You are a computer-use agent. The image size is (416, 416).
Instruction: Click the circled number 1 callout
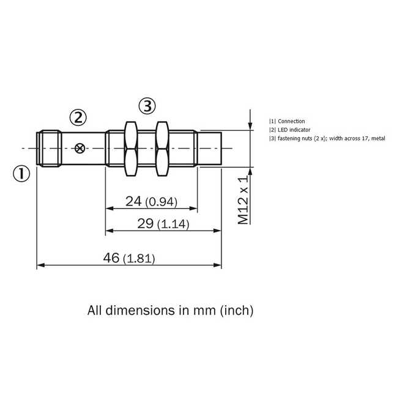[21, 174]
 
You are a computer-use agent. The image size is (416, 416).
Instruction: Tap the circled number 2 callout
[78, 117]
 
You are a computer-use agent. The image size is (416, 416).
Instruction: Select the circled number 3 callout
[147, 106]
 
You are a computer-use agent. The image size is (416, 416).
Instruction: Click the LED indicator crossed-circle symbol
[80, 148]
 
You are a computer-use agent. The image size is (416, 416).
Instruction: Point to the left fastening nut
[130, 149]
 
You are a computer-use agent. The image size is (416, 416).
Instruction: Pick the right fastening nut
[162, 149]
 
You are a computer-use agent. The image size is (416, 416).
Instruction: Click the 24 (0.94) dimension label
[151, 201]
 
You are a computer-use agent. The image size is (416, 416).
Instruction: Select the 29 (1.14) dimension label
[163, 224]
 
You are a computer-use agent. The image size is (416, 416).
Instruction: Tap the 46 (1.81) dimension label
[129, 258]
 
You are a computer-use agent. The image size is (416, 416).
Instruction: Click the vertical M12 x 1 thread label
[243, 200]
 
